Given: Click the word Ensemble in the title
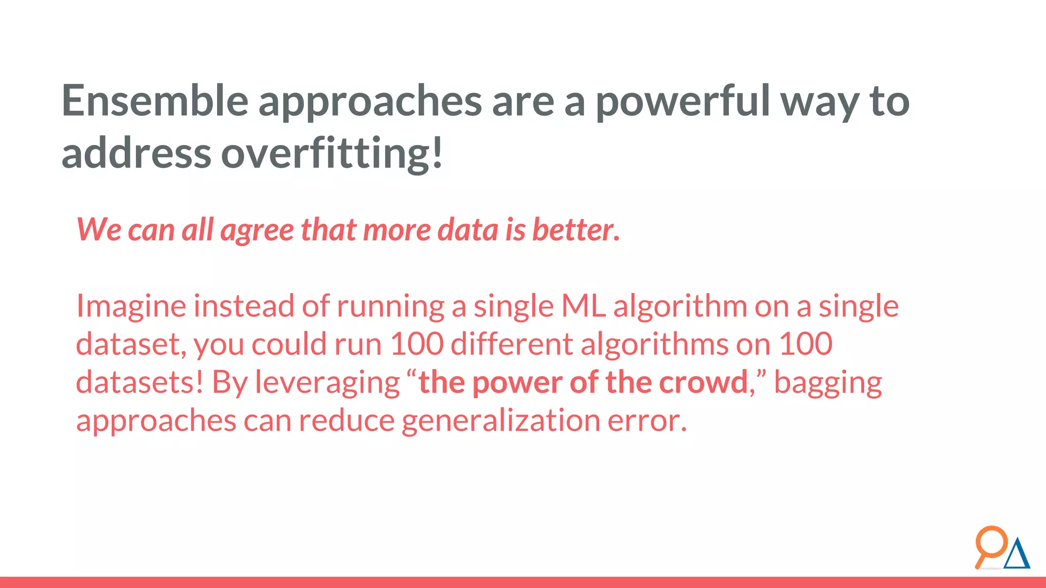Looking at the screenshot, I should click(154, 101).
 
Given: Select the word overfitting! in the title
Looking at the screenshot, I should click(331, 154).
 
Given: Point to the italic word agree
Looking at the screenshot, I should click(257, 231).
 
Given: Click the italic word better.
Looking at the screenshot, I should click(576, 230).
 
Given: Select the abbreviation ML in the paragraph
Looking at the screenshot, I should click(583, 306).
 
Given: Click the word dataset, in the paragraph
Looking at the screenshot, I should click(131, 345).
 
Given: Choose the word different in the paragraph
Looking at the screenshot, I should click(512, 344).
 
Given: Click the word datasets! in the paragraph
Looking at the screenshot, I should click(139, 382).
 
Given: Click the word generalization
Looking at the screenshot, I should click(501, 421).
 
